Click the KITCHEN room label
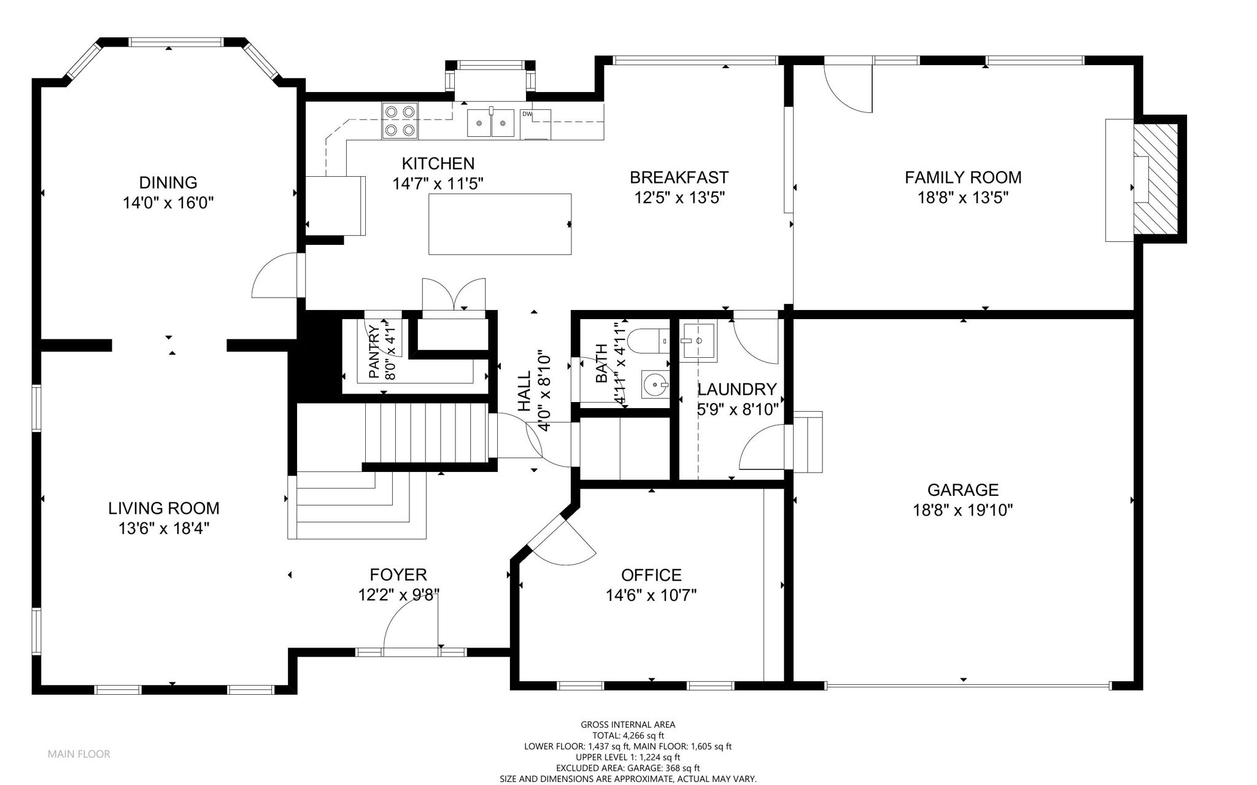438,164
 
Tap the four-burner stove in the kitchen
400,120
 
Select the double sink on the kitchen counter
491,123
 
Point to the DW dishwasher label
527,114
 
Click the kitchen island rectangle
500,224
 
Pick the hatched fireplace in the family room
1155,179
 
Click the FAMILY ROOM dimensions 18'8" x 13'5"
963,198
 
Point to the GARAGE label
963,490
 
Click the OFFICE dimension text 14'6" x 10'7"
651,595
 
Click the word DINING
168,183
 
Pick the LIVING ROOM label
164,508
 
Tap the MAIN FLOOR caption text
79,754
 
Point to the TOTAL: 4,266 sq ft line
628,735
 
